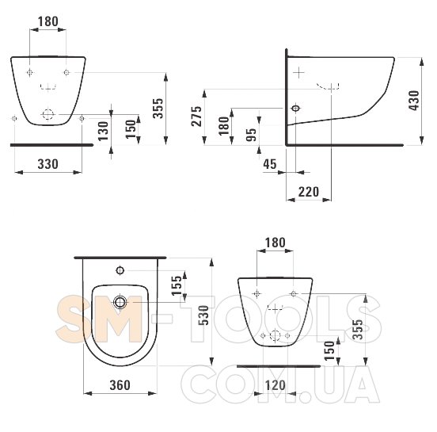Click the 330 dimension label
[x=48, y=164]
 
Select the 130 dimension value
[x=103, y=131]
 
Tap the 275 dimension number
[x=196, y=116]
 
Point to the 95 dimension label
[x=252, y=135]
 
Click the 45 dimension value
[x=270, y=164]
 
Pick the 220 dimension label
[x=309, y=192]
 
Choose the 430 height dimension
[x=414, y=101]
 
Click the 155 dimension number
[x=177, y=286]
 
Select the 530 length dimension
[x=203, y=315]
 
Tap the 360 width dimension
[x=120, y=385]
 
